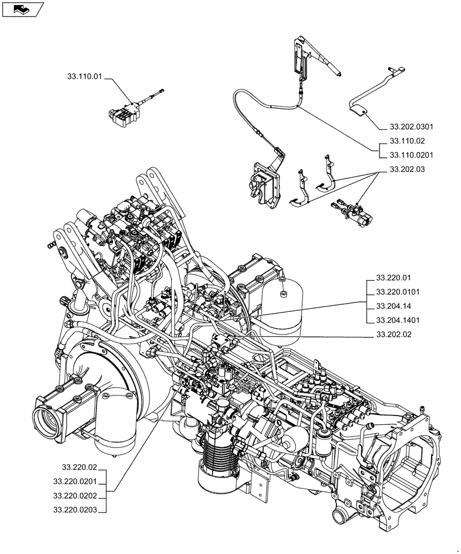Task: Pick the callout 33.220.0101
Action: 397,291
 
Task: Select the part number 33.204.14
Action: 393,306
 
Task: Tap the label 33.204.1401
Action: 397,320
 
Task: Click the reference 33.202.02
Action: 393,335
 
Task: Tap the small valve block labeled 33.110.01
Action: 124,113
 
